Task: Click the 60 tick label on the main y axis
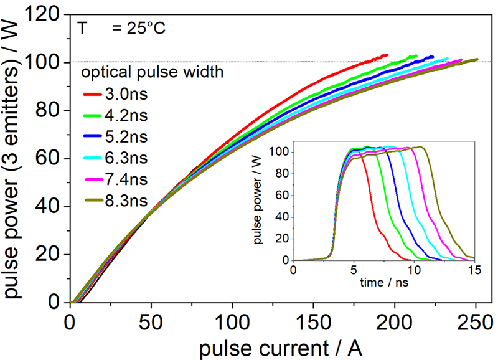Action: coord(50,159)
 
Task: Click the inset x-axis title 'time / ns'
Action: coord(383,282)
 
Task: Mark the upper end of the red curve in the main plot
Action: coord(387,55)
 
